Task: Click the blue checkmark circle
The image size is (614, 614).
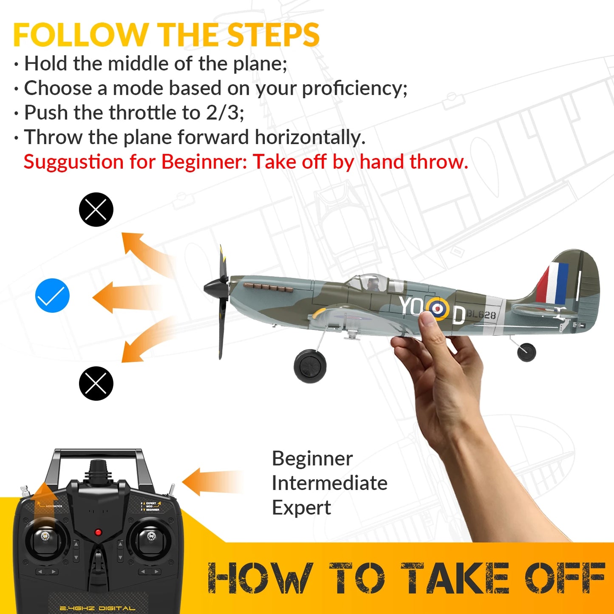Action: click(52, 296)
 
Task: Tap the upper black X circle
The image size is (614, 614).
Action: click(96, 209)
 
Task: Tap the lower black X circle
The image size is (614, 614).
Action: click(96, 383)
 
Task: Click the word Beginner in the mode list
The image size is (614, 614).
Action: click(312, 458)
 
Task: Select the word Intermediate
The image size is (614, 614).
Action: click(329, 483)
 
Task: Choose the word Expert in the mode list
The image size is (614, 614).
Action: click(301, 508)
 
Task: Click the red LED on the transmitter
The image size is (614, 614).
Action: click(98, 532)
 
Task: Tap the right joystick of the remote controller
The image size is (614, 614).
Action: click(150, 537)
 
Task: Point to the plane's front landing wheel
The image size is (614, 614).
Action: click(310, 366)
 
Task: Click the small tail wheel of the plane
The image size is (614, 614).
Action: click(526, 352)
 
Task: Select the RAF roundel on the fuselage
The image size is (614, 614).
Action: click(438, 308)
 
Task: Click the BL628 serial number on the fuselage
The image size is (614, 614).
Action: click(481, 315)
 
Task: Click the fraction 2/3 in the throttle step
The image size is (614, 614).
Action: click(224, 113)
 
